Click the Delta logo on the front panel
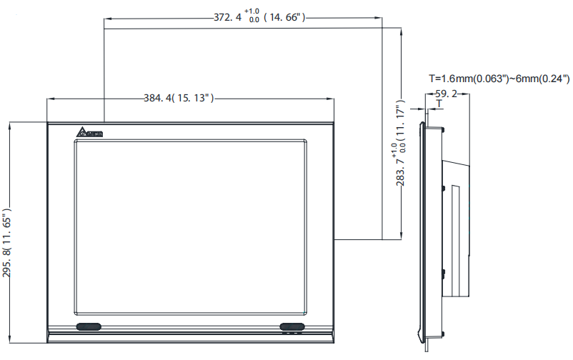click(x=91, y=133)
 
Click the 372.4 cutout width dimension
click(x=228, y=17)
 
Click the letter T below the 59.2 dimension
click(x=439, y=104)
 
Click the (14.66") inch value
click(x=285, y=17)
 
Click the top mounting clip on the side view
click(x=444, y=128)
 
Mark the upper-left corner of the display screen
click(x=75, y=140)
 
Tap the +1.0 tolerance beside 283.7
click(x=394, y=148)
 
